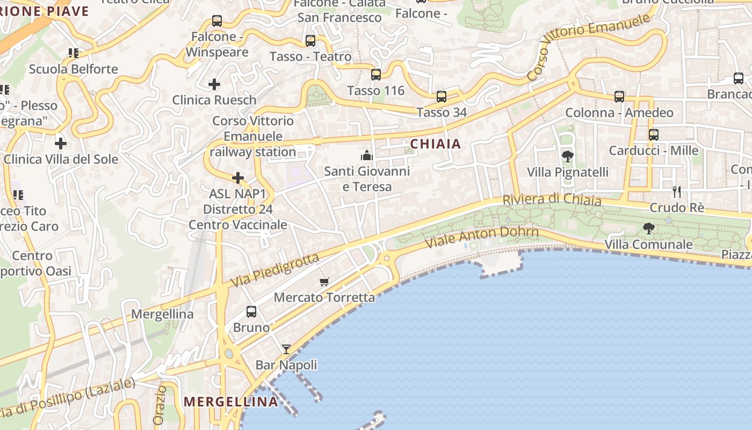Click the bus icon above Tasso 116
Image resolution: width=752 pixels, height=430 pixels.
(x=376, y=75)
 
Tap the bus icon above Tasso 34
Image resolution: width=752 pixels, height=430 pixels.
(x=441, y=97)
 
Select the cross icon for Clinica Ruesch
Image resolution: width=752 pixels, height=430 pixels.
(x=214, y=84)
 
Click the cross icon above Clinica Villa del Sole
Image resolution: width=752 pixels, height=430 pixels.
(x=61, y=144)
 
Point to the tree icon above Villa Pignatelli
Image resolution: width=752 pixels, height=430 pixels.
(x=567, y=156)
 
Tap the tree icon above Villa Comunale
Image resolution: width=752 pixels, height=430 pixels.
(x=648, y=228)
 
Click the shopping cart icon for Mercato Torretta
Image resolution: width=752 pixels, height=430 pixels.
(x=324, y=282)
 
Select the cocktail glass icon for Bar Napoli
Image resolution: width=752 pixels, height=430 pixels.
(x=286, y=349)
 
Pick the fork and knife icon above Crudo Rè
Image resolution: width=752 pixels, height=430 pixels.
(x=677, y=191)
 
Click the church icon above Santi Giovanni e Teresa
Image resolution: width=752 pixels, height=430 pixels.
(x=367, y=156)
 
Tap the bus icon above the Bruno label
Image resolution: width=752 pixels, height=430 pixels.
(x=251, y=312)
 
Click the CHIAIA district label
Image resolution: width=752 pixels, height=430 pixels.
(x=436, y=144)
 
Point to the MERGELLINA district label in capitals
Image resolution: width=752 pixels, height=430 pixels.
(x=231, y=402)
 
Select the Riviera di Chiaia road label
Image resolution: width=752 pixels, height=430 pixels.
(x=552, y=199)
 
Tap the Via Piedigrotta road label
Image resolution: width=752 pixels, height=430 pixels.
(x=275, y=270)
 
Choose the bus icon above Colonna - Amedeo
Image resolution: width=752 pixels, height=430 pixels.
(x=619, y=97)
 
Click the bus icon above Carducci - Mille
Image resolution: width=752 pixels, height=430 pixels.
(x=653, y=135)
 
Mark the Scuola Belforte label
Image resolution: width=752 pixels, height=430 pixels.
(x=74, y=69)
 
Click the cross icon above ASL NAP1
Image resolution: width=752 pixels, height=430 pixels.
(x=238, y=178)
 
